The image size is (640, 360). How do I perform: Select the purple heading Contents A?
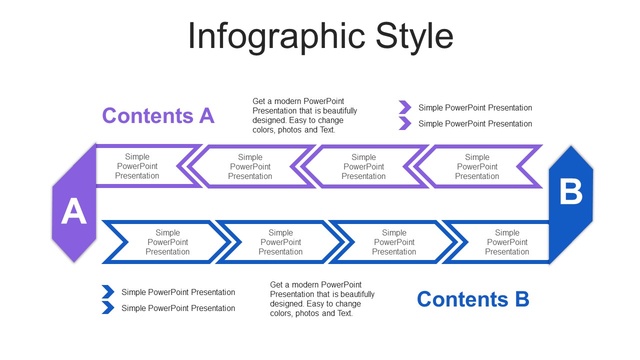[158, 115]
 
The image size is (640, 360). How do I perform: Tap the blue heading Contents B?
[472, 299]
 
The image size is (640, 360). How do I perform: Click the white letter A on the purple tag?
[73, 211]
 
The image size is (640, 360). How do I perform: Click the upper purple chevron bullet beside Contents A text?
[404, 107]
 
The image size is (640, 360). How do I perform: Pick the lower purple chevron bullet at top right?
[404, 123]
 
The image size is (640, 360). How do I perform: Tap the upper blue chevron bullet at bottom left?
[107, 292]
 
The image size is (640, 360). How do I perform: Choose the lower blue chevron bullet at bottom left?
[107, 308]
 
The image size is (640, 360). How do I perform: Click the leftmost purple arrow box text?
[137, 166]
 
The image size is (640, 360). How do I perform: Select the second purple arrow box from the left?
[250, 167]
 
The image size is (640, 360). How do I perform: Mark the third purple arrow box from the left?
[363, 167]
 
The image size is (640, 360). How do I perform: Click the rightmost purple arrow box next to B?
[477, 167]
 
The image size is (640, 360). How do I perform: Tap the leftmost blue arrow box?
[167, 242]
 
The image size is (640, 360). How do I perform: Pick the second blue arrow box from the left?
[280, 242]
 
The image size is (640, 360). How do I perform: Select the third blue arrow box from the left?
[394, 242]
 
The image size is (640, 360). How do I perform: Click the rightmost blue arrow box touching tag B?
[506, 242]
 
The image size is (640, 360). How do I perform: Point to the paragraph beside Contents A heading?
[304, 115]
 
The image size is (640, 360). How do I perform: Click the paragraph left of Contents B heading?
[322, 299]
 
